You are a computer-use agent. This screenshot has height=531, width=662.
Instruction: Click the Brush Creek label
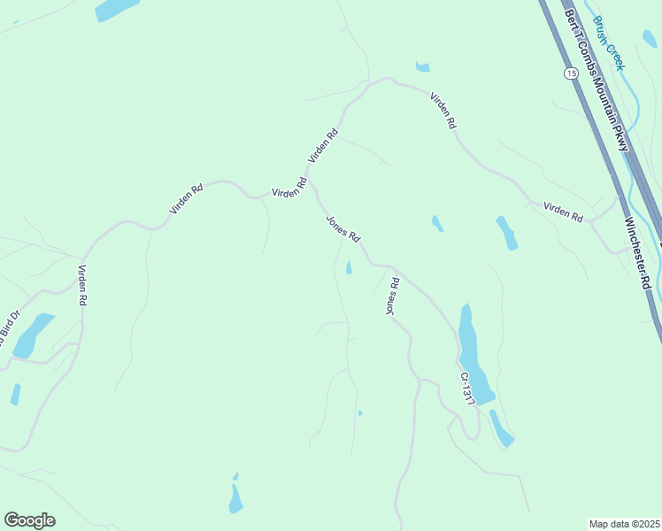(x=610, y=43)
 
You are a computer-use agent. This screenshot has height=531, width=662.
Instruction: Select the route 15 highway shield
(x=571, y=73)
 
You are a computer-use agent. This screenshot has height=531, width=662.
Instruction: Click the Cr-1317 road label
(x=467, y=389)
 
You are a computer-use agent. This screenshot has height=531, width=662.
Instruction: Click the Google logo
(x=29, y=520)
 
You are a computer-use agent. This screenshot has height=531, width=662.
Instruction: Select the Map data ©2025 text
(x=623, y=524)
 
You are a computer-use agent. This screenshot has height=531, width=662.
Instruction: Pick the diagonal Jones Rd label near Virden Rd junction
(x=343, y=229)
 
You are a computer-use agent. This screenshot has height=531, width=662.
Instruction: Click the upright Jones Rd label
(x=392, y=296)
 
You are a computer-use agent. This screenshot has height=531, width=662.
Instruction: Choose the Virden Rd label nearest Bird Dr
(x=82, y=286)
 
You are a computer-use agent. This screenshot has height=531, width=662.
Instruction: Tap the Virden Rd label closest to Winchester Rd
(x=564, y=212)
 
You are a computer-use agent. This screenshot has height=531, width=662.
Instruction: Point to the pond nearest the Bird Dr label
(x=33, y=335)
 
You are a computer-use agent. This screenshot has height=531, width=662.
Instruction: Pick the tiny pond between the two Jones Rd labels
(x=349, y=266)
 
